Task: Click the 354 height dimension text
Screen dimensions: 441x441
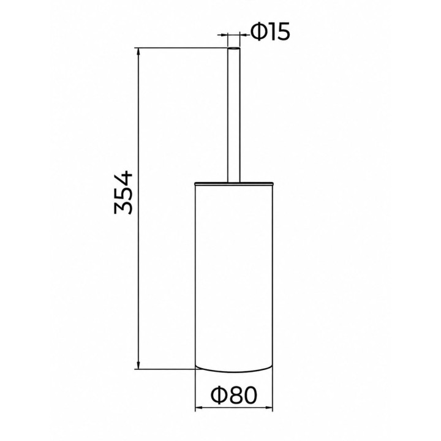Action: point(123,192)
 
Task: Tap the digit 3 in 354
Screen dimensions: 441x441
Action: point(123,208)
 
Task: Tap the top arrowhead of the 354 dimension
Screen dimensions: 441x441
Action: point(138,52)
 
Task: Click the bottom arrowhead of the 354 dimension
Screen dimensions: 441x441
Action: point(138,365)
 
